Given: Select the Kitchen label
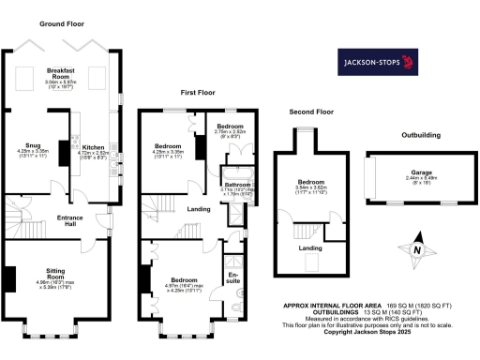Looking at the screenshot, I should point(94,148).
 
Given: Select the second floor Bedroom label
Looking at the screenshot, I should point(311,182).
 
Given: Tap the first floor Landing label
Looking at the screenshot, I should point(198,209).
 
